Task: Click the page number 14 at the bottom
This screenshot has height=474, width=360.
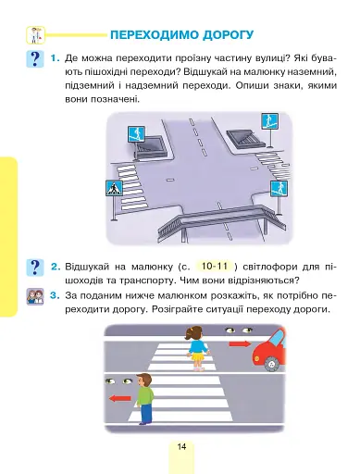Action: pyautogui.click(x=182, y=447)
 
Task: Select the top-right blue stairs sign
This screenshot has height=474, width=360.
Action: pyautogui.click(x=267, y=120)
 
